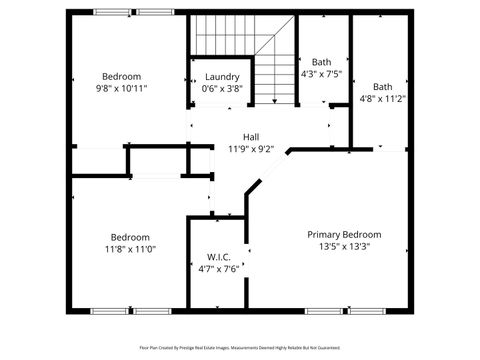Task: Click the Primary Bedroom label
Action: tap(343, 234)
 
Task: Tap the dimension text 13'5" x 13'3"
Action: tap(343, 246)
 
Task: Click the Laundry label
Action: tap(222, 77)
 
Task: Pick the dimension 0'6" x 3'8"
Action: tap(222, 89)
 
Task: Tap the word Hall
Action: tap(252, 137)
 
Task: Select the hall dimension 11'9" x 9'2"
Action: tap(252, 149)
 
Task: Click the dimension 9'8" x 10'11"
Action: tap(121, 88)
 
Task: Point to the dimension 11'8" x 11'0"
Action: tap(130, 249)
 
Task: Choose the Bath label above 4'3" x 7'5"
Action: tap(321, 62)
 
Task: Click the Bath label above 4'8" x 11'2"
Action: tap(382, 87)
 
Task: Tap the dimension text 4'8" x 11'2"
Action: tap(382, 99)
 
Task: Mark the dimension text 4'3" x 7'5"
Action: tap(321, 74)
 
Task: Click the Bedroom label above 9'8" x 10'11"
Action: tap(121, 76)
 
